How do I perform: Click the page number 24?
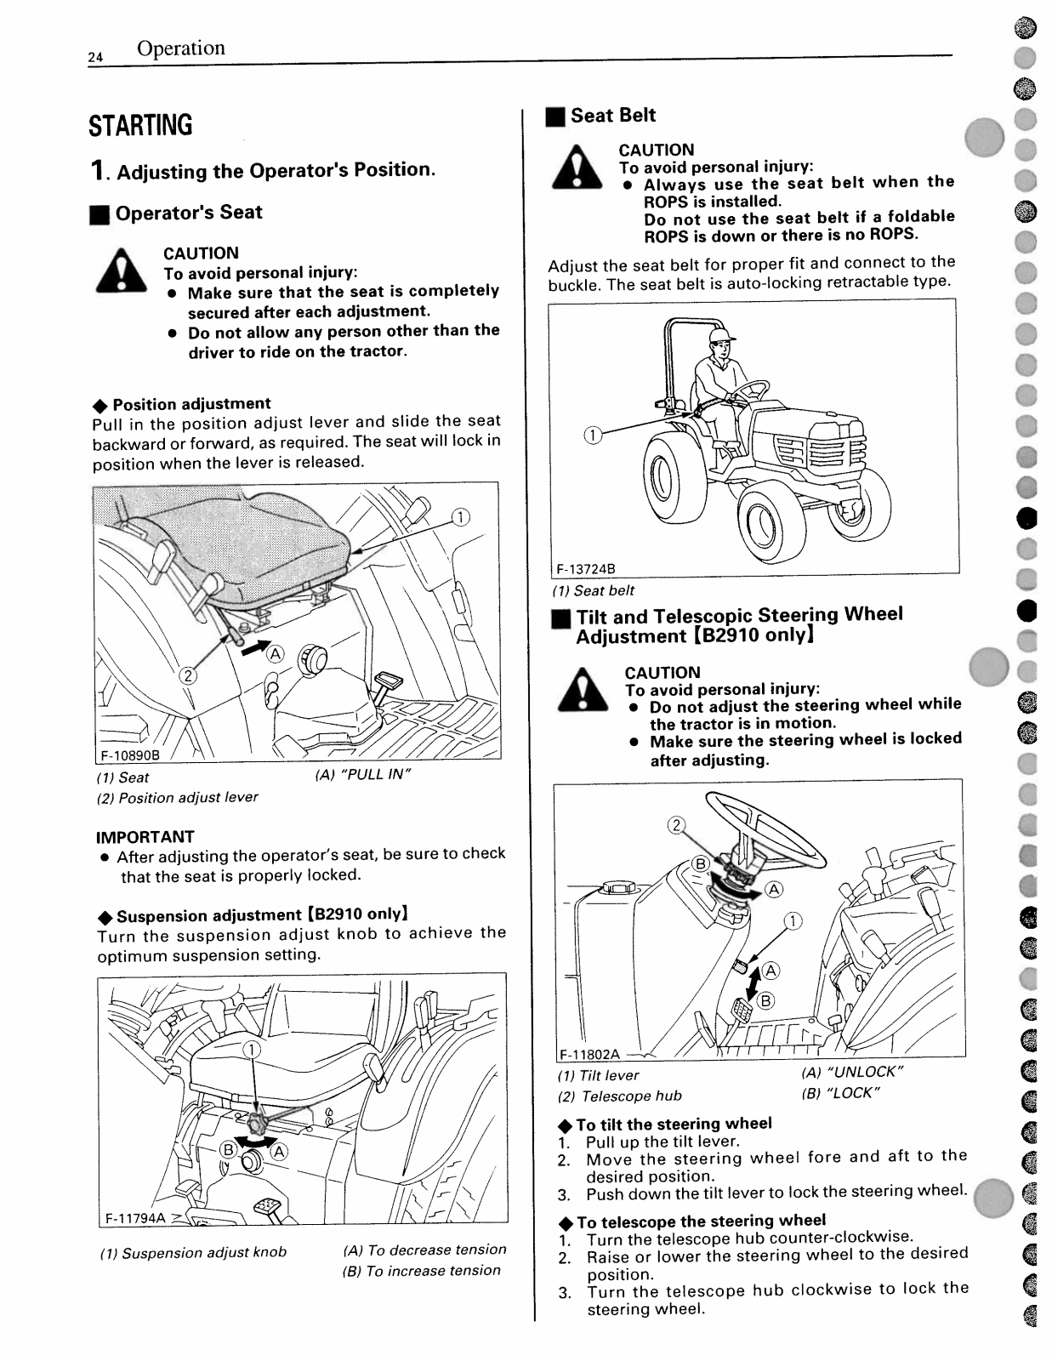coord(94,57)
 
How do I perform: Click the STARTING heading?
coord(140,126)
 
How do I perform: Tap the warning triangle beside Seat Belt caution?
coord(577,168)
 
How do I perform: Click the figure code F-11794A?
coord(135,1217)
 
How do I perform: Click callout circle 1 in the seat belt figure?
coord(592,436)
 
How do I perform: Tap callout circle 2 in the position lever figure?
coord(186,675)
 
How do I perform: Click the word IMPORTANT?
coord(145,836)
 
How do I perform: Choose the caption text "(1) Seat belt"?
coord(594,590)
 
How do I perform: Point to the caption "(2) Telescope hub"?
coord(620,1096)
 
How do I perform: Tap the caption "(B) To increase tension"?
coord(422,1270)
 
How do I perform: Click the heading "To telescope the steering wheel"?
coord(701,1221)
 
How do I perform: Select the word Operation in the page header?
coord(181,48)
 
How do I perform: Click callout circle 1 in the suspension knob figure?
coord(252,1049)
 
